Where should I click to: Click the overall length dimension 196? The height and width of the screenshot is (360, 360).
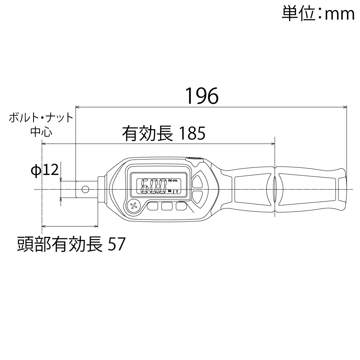(x=202, y=95)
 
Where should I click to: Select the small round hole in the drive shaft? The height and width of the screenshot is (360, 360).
(x=85, y=189)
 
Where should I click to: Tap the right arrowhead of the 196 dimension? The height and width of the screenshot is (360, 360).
(x=345, y=107)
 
